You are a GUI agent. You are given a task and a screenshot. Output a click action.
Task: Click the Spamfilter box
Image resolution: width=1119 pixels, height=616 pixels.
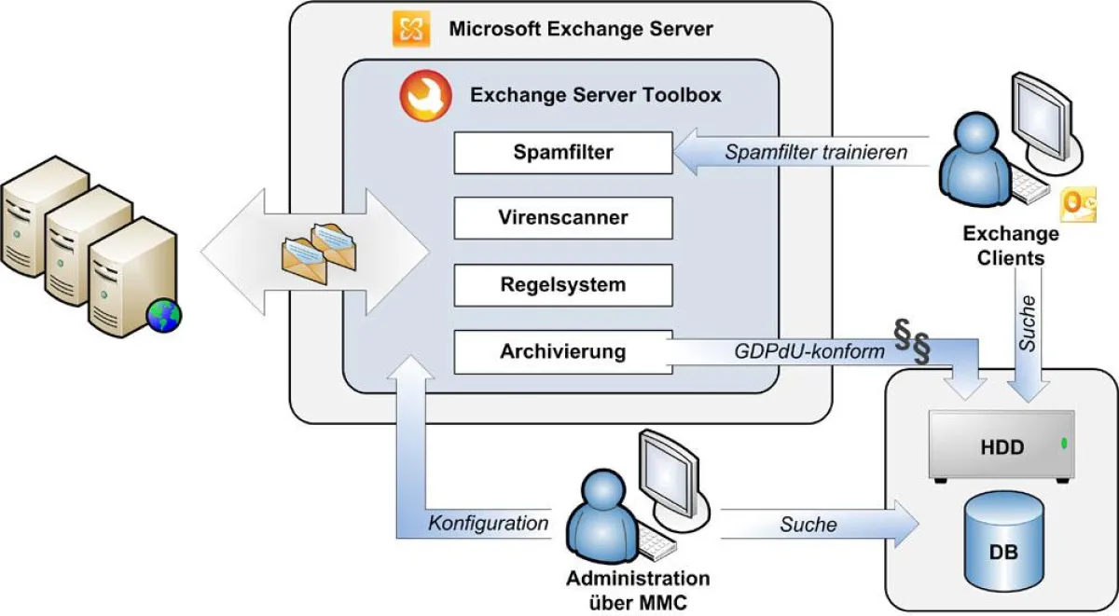pyautogui.click(x=562, y=153)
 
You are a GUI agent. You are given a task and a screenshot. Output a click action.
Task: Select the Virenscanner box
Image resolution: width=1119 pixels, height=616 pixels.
pyautogui.click(x=562, y=219)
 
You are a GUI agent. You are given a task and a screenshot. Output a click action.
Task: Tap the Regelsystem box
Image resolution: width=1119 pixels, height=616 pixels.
pyautogui.click(x=562, y=285)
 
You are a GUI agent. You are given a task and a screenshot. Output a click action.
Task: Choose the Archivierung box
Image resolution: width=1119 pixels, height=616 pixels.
pyautogui.click(x=562, y=352)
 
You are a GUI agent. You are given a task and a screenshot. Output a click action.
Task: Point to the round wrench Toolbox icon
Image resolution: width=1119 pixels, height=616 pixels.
pyautogui.click(x=421, y=95)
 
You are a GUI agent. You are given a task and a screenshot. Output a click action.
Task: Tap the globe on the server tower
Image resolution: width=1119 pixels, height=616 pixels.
pyautogui.click(x=164, y=316)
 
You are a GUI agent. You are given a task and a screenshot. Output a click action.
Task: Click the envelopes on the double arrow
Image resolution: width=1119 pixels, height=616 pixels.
pyautogui.click(x=319, y=250)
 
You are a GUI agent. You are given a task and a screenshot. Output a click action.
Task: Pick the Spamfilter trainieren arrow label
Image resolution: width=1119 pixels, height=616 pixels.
pyautogui.click(x=816, y=153)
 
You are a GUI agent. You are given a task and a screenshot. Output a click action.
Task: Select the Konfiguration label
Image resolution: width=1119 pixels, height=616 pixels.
pyautogui.click(x=488, y=524)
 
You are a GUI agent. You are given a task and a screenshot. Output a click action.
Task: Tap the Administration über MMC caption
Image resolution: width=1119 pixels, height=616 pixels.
pyautogui.click(x=638, y=591)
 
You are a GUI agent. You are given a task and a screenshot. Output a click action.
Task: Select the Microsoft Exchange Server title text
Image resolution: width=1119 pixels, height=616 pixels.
pyautogui.click(x=580, y=29)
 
